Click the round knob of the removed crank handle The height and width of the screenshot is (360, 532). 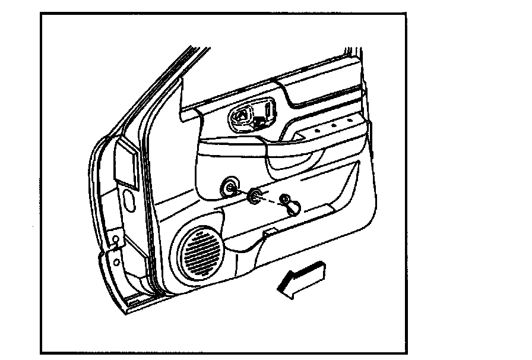(x=293, y=207)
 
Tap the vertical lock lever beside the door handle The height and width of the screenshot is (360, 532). (x=268, y=110)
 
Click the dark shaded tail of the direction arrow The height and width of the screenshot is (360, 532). (x=315, y=270)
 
